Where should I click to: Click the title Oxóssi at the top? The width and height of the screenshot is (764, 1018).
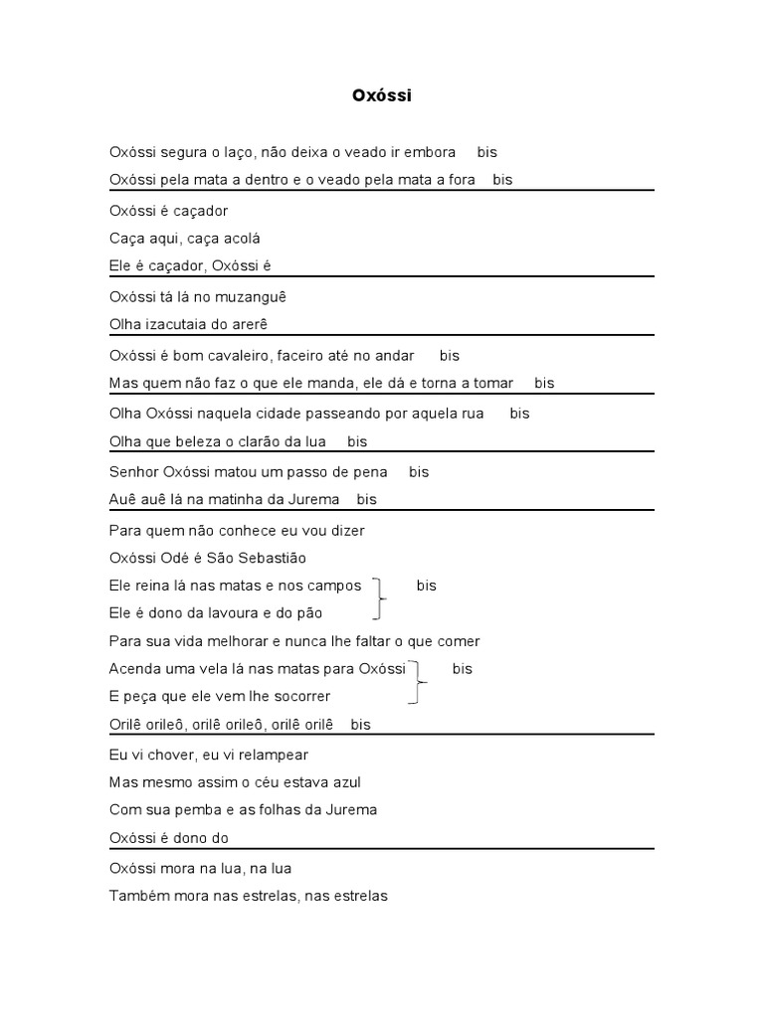(x=381, y=95)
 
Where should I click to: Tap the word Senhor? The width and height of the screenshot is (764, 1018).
(x=132, y=472)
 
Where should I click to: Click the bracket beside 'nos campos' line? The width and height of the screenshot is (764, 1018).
(x=378, y=599)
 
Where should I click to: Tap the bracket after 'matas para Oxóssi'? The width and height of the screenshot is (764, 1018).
(x=419, y=683)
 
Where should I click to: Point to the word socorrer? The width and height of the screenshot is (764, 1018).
(x=300, y=696)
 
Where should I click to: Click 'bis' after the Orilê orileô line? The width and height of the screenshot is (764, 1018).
(x=360, y=725)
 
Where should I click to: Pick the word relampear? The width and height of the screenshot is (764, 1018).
(x=273, y=755)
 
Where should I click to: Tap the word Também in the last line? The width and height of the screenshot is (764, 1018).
(x=137, y=896)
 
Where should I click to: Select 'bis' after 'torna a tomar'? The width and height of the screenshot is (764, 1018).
(x=544, y=383)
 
